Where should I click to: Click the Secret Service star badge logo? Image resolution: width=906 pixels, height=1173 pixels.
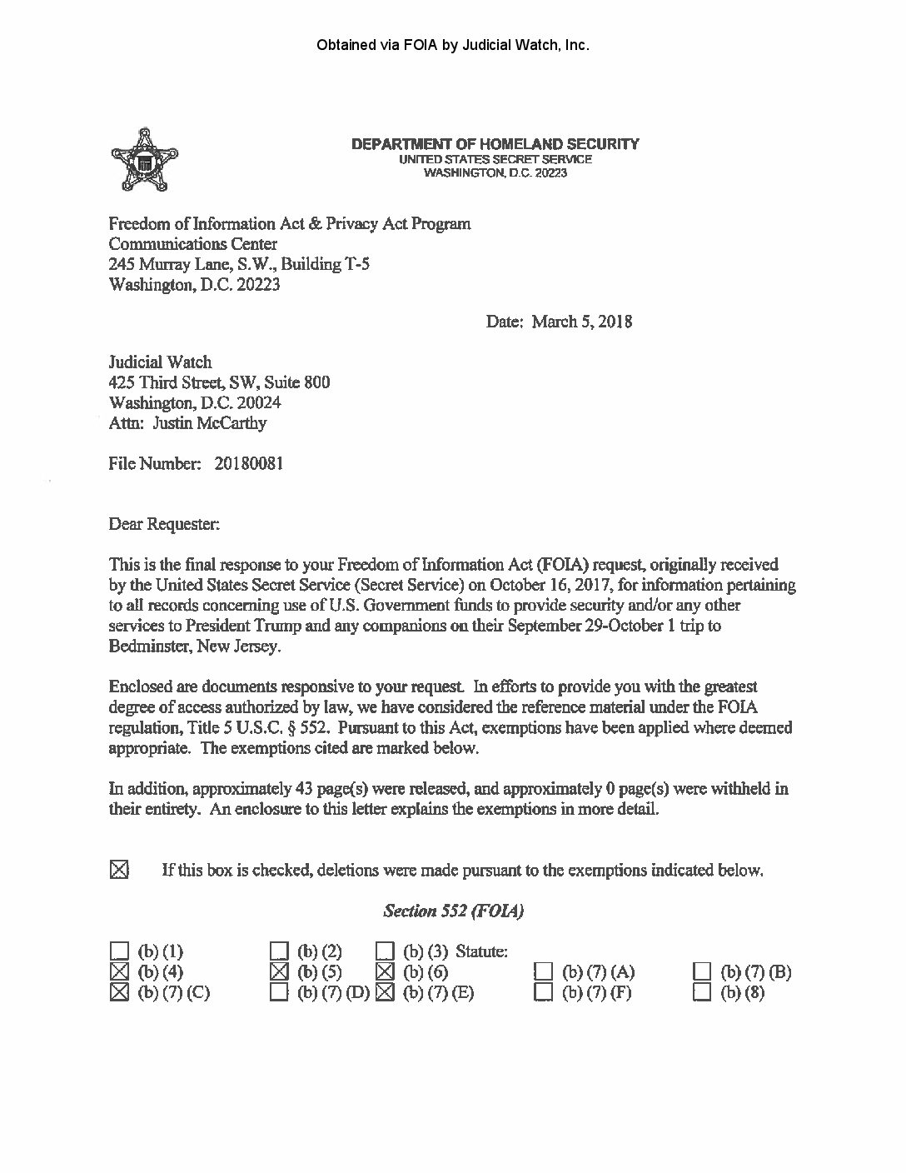(146, 159)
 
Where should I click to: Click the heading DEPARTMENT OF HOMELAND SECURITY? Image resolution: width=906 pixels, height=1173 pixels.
(495, 144)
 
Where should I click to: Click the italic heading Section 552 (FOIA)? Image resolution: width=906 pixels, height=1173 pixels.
(453, 911)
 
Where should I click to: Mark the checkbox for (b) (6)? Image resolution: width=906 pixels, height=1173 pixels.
(385, 971)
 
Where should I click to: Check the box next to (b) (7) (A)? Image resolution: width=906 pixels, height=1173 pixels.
(544, 971)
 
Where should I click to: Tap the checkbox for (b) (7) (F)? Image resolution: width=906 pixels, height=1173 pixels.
(544, 992)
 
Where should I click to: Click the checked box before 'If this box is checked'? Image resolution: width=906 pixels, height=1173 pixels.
(120, 871)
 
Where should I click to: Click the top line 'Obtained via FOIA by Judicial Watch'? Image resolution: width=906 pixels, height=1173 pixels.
(453, 45)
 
